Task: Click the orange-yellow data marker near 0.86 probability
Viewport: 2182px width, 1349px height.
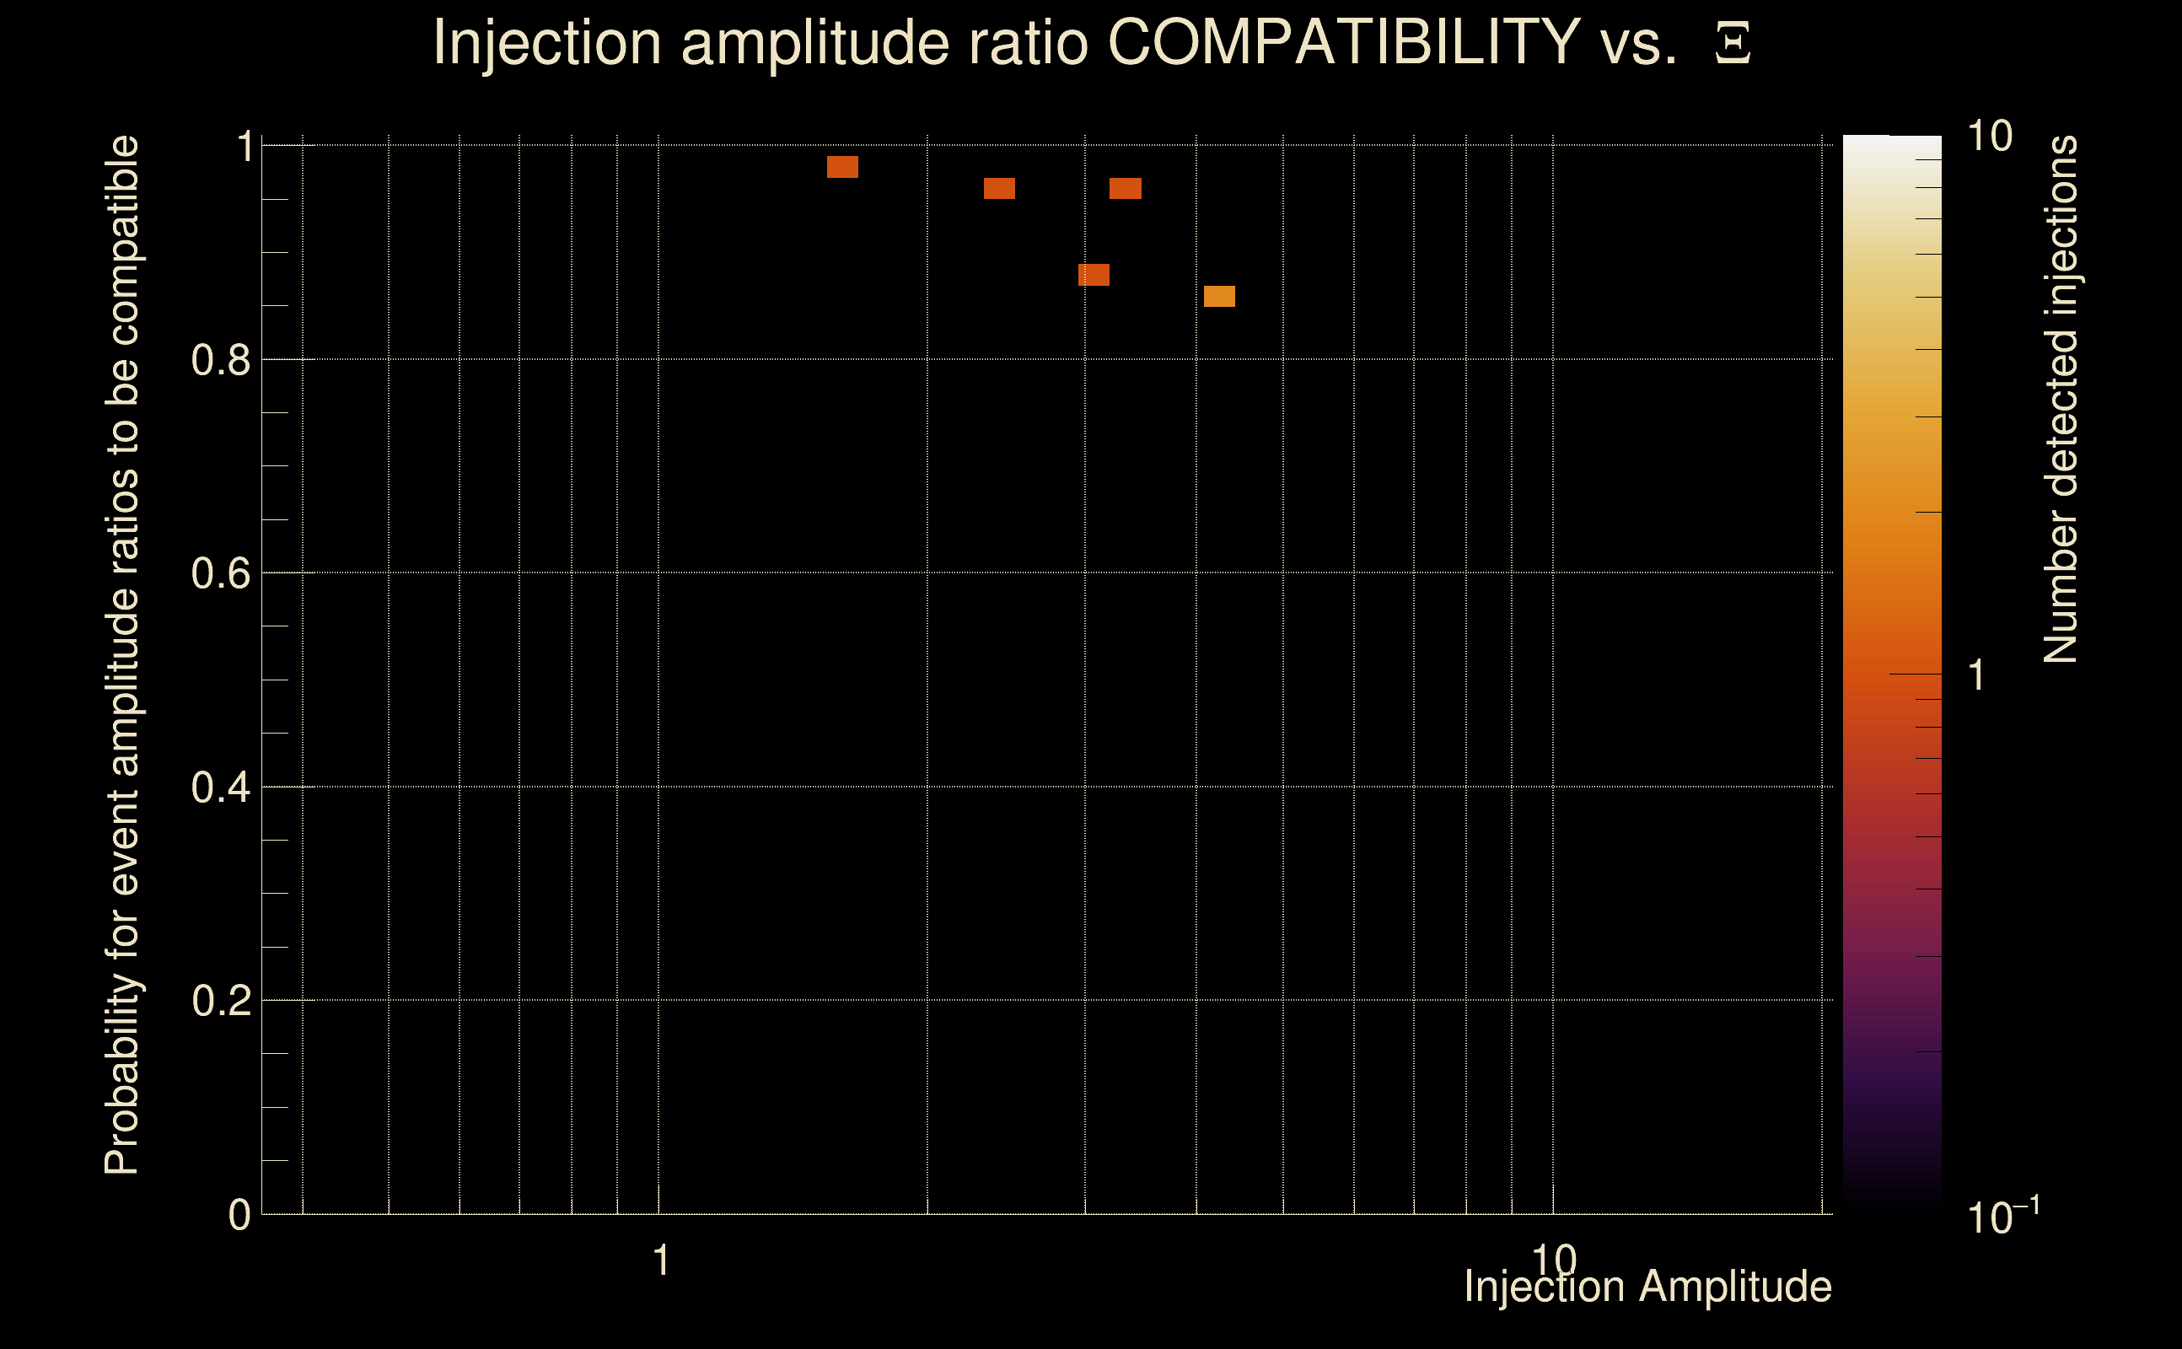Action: point(1219,296)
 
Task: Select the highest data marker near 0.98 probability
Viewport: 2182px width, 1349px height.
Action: point(842,167)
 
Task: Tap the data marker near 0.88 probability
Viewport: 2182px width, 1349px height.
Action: point(1094,275)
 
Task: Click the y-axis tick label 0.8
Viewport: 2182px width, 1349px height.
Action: point(220,361)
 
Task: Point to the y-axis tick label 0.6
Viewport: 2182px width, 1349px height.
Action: point(220,573)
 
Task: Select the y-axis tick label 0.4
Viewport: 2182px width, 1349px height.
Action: point(220,787)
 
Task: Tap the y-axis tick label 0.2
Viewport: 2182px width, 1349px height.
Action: point(220,1001)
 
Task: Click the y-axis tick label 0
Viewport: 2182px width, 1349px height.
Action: point(239,1215)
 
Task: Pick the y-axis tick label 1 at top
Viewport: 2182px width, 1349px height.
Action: point(245,148)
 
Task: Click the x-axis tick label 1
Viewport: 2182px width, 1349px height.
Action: point(661,1260)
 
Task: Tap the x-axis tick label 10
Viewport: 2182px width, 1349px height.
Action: point(1554,1260)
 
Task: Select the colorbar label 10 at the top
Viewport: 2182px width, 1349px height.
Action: point(1989,137)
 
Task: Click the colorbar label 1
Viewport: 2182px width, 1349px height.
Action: point(1977,675)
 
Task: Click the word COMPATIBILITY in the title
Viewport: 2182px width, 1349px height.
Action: point(1343,42)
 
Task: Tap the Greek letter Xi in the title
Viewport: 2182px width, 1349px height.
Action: point(1733,44)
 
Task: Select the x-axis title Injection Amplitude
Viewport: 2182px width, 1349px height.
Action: point(1647,1287)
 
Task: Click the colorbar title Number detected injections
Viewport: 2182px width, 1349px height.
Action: point(2061,399)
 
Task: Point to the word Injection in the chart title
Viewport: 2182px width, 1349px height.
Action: point(547,42)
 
